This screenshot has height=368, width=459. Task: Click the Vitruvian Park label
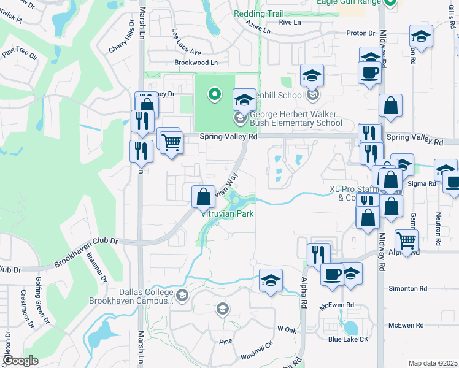point(228,213)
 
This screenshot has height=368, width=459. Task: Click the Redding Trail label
point(258,13)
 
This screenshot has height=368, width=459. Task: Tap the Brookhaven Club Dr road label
point(85,251)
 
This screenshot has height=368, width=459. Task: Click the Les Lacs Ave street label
point(187,42)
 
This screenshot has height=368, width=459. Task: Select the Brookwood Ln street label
point(196,63)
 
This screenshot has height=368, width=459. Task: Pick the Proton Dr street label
point(361,33)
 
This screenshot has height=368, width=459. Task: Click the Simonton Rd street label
point(407,288)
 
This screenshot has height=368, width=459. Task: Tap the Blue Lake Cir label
point(347,339)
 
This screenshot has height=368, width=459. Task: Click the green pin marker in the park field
point(214,94)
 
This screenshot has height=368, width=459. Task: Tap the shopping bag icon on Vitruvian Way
point(203,197)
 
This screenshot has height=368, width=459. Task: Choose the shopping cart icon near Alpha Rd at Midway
point(407,241)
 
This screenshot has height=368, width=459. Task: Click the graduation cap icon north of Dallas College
point(271,280)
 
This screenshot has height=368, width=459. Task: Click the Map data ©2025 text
point(433,363)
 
